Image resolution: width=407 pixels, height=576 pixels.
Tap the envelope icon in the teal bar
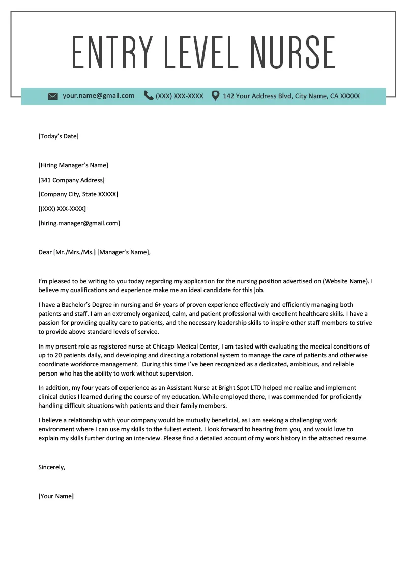(x=53, y=96)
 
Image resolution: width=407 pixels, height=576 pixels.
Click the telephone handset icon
(x=149, y=95)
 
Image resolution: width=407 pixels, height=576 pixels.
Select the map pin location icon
(x=216, y=95)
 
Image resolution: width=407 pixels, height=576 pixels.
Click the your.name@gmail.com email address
(x=99, y=96)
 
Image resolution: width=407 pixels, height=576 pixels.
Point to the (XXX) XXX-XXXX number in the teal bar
(x=180, y=96)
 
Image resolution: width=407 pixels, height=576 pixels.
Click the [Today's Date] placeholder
(x=59, y=136)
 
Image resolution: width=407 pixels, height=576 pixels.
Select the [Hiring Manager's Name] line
(x=73, y=165)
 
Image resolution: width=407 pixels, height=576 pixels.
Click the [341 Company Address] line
(x=71, y=180)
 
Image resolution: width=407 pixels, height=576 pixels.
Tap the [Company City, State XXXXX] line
(x=78, y=194)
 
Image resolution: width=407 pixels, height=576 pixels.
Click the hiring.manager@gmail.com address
(x=79, y=223)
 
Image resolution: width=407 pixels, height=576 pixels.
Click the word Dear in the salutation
(x=45, y=252)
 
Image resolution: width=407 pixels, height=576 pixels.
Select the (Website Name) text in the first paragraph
(x=346, y=281)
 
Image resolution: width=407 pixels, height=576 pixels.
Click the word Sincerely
(x=51, y=467)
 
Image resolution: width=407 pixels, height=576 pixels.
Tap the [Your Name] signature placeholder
(x=56, y=496)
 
